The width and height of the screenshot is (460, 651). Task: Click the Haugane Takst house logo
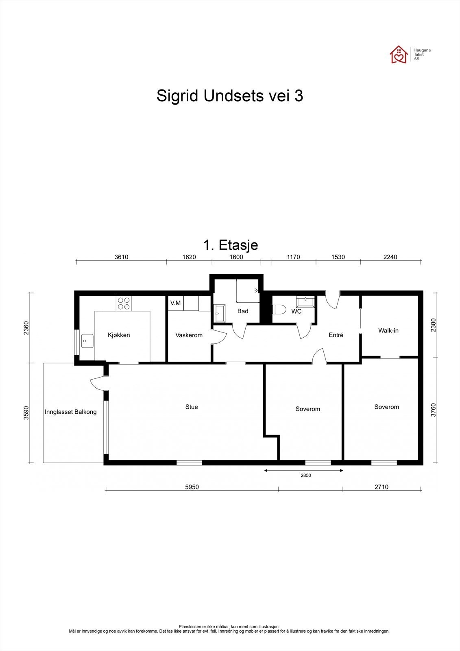(x=399, y=55)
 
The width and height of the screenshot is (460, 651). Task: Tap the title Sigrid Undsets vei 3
(x=230, y=96)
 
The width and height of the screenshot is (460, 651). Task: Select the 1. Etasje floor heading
(x=231, y=245)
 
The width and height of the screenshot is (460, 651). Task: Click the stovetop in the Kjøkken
(x=124, y=303)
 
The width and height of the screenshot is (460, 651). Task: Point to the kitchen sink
(x=87, y=341)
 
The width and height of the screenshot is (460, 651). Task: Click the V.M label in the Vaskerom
(x=176, y=303)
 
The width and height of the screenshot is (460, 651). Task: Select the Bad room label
(x=243, y=311)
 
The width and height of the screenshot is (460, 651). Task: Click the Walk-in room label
(x=388, y=330)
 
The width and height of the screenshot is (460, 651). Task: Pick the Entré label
(x=336, y=335)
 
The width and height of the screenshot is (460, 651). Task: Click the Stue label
(x=192, y=407)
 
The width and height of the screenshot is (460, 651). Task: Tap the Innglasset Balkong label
(x=71, y=412)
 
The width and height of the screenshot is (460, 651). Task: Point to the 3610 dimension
(x=121, y=257)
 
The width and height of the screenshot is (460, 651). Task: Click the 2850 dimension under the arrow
(x=306, y=476)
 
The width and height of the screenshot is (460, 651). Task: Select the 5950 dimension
(x=192, y=487)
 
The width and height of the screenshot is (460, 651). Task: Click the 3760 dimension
(x=433, y=410)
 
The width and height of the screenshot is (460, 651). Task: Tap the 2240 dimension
(x=390, y=257)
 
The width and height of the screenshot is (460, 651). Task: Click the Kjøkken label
(x=119, y=335)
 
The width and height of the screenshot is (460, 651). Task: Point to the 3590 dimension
(x=26, y=413)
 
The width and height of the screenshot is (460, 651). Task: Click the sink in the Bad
(x=219, y=313)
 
